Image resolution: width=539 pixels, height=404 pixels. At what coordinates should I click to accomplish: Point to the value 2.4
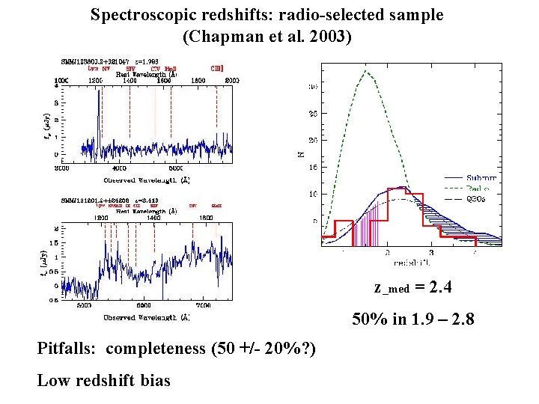(439, 287)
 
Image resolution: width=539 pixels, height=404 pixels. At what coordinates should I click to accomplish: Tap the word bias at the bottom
(153, 380)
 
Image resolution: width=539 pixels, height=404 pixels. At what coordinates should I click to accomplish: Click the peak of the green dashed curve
(365, 71)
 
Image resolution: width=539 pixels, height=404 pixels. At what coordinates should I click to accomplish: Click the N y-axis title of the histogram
(302, 154)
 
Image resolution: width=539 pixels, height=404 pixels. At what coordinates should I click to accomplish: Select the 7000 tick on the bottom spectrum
(203, 306)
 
